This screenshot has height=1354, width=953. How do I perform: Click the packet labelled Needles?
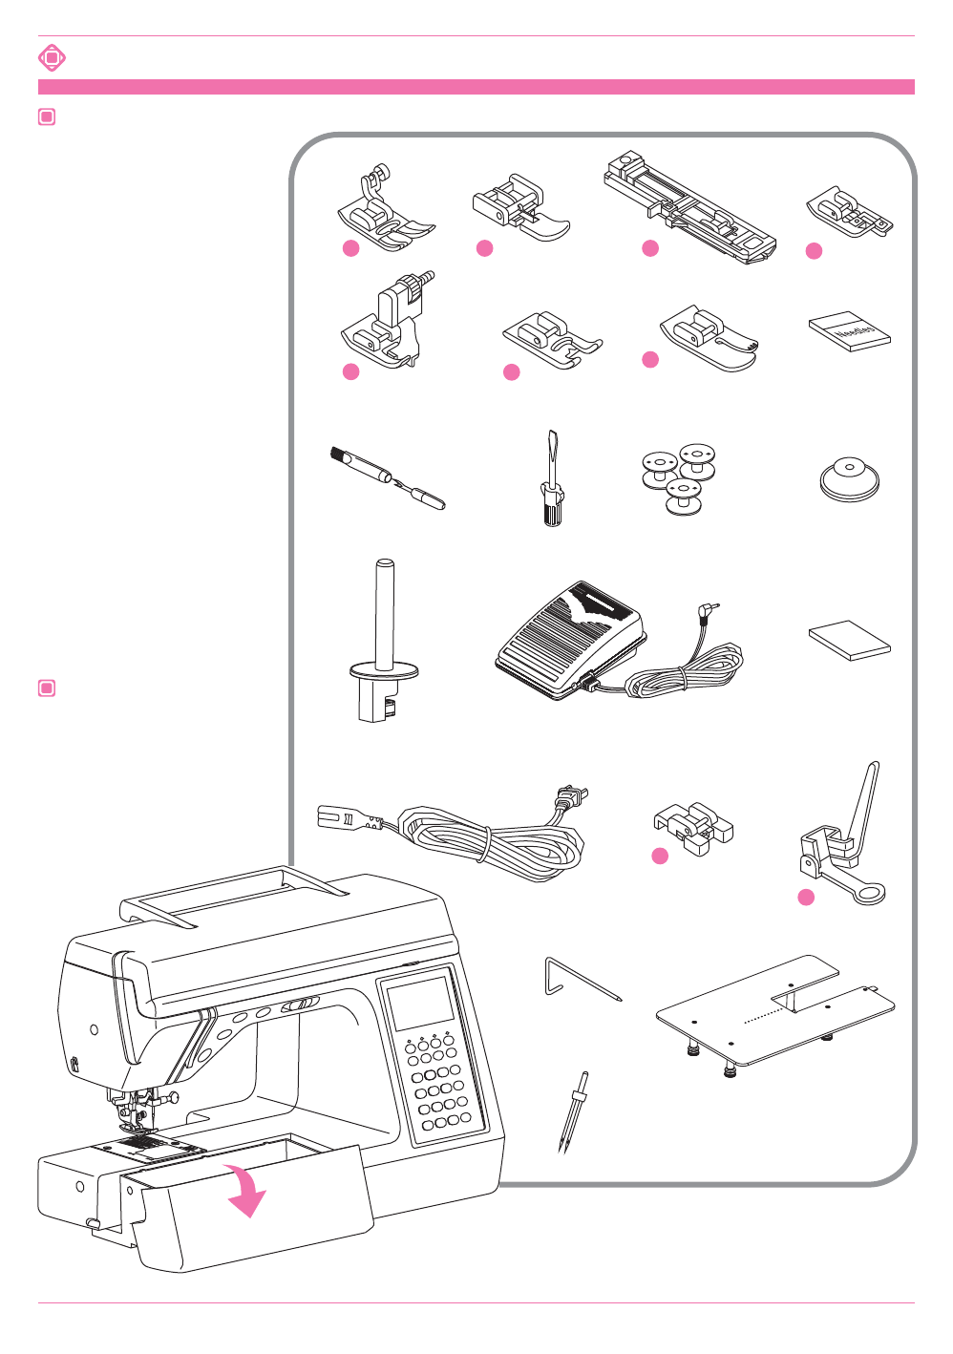850,330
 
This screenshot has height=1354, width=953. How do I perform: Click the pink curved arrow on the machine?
247,1190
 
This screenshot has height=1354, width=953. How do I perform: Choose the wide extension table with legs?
773,1013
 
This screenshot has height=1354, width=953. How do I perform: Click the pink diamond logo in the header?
52,58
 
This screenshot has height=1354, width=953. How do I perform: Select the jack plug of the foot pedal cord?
709,609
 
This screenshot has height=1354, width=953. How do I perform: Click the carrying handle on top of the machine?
234,894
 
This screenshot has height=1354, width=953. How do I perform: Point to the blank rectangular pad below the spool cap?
849,640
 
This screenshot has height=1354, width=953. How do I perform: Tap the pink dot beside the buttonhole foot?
650,248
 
